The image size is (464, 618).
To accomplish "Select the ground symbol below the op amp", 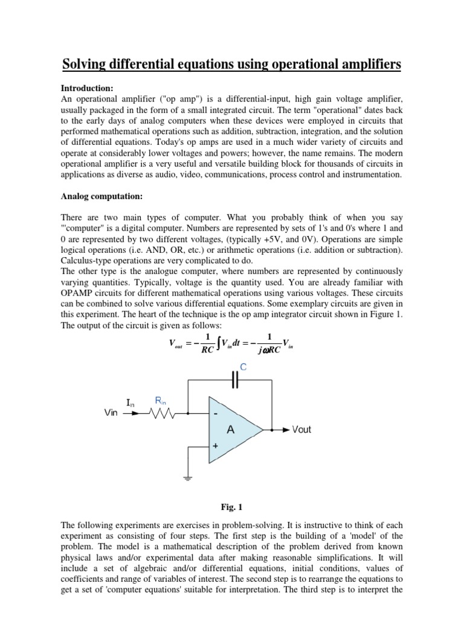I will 187,479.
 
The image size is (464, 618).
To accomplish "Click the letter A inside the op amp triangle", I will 230,430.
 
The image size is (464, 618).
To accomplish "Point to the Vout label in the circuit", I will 301,430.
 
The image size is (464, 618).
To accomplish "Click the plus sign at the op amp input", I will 214,445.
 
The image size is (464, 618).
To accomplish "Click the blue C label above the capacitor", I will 243,366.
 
